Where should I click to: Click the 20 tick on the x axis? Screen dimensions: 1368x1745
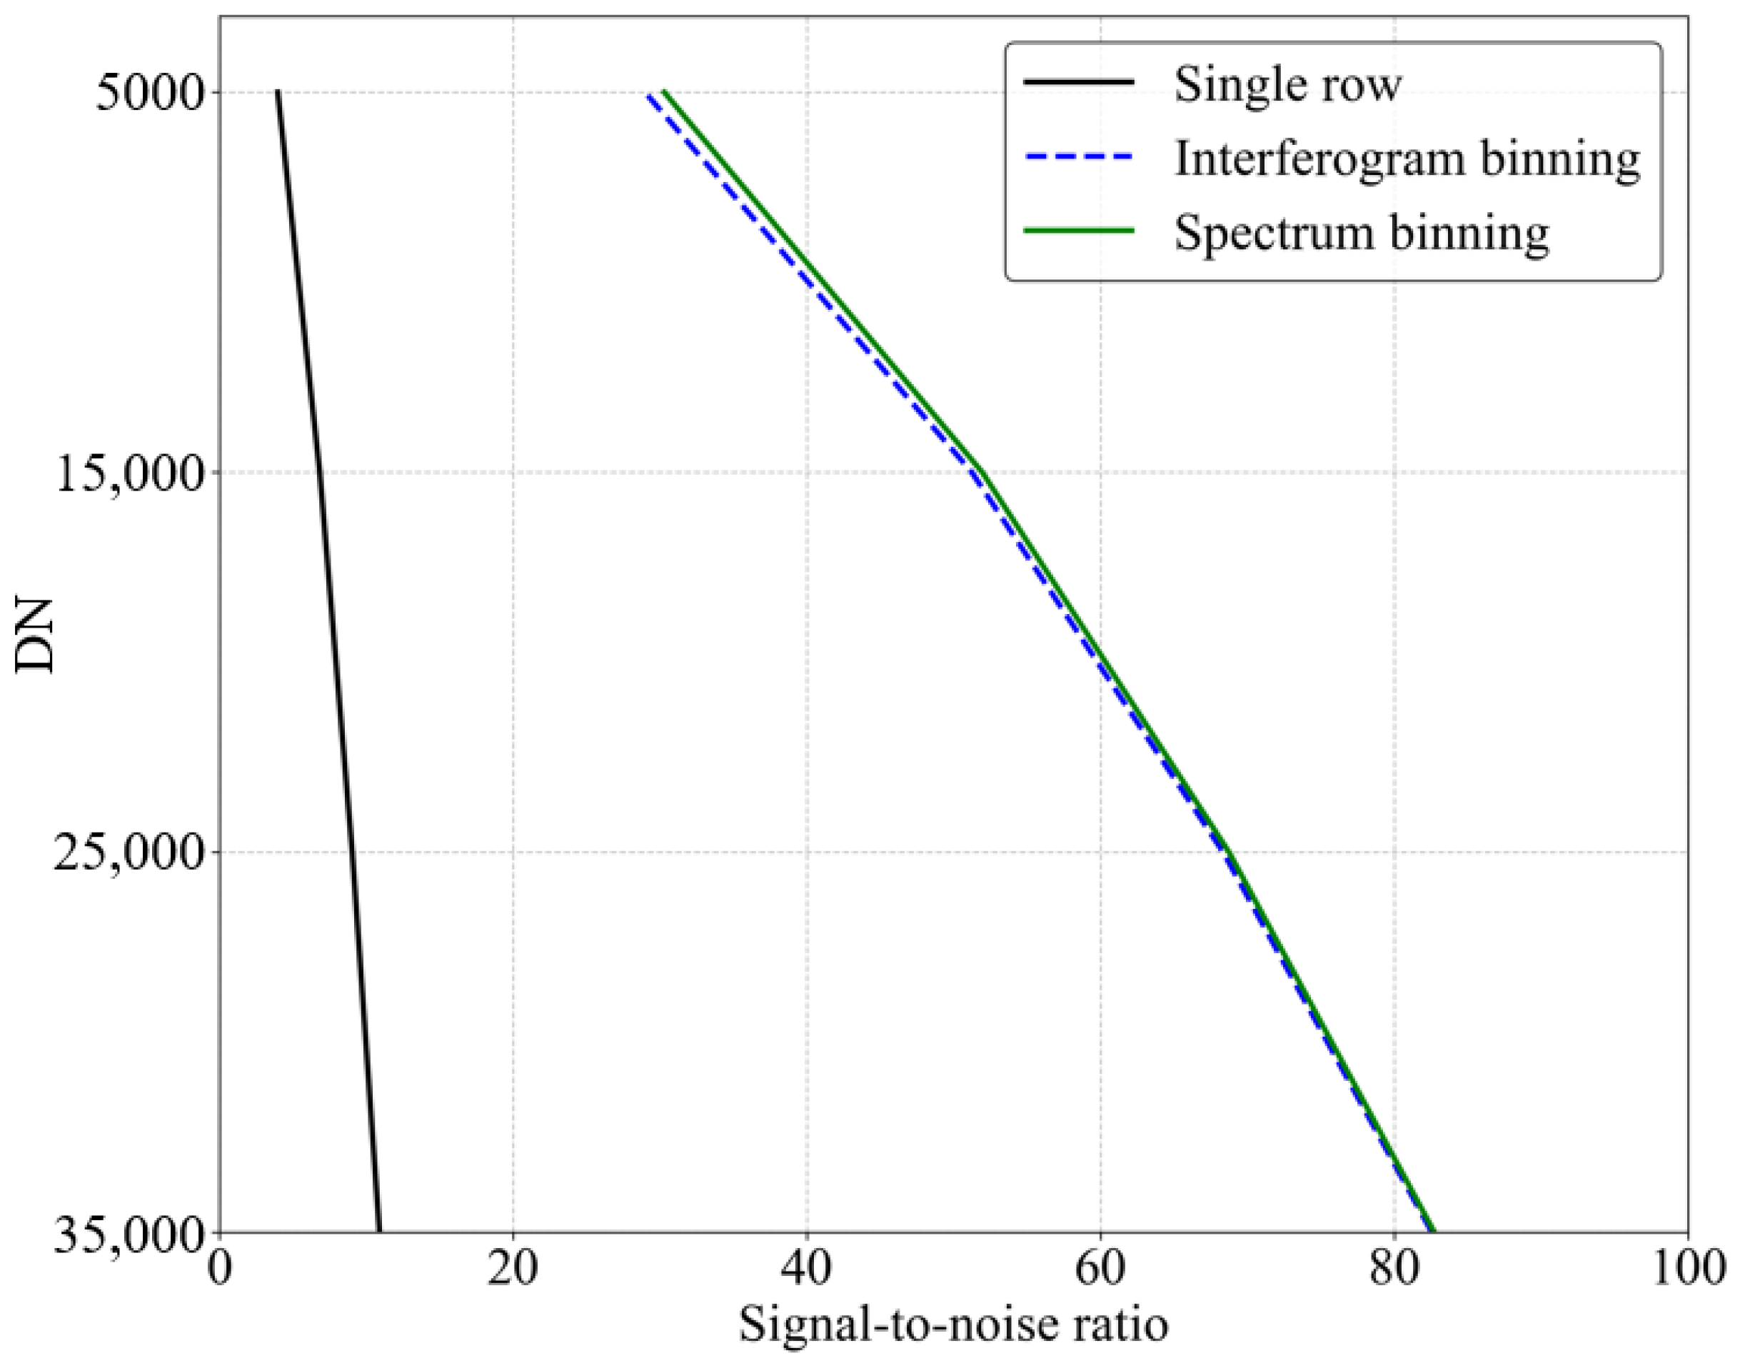tap(513, 1270)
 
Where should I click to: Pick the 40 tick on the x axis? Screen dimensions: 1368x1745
tap(806, 1270)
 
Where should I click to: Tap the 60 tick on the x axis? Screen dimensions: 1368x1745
tap(1100, 1270)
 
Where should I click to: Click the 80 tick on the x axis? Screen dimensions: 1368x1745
tap(1394, 1270)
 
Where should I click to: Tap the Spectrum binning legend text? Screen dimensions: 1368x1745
tap(1362, 232)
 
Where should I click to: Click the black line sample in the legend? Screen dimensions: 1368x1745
tap(1079, 83)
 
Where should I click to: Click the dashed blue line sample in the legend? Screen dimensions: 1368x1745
tap(1079, 157)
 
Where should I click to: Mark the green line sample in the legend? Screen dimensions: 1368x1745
tap(1079, 231)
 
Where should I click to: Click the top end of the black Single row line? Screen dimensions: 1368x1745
tap(277, 92)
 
